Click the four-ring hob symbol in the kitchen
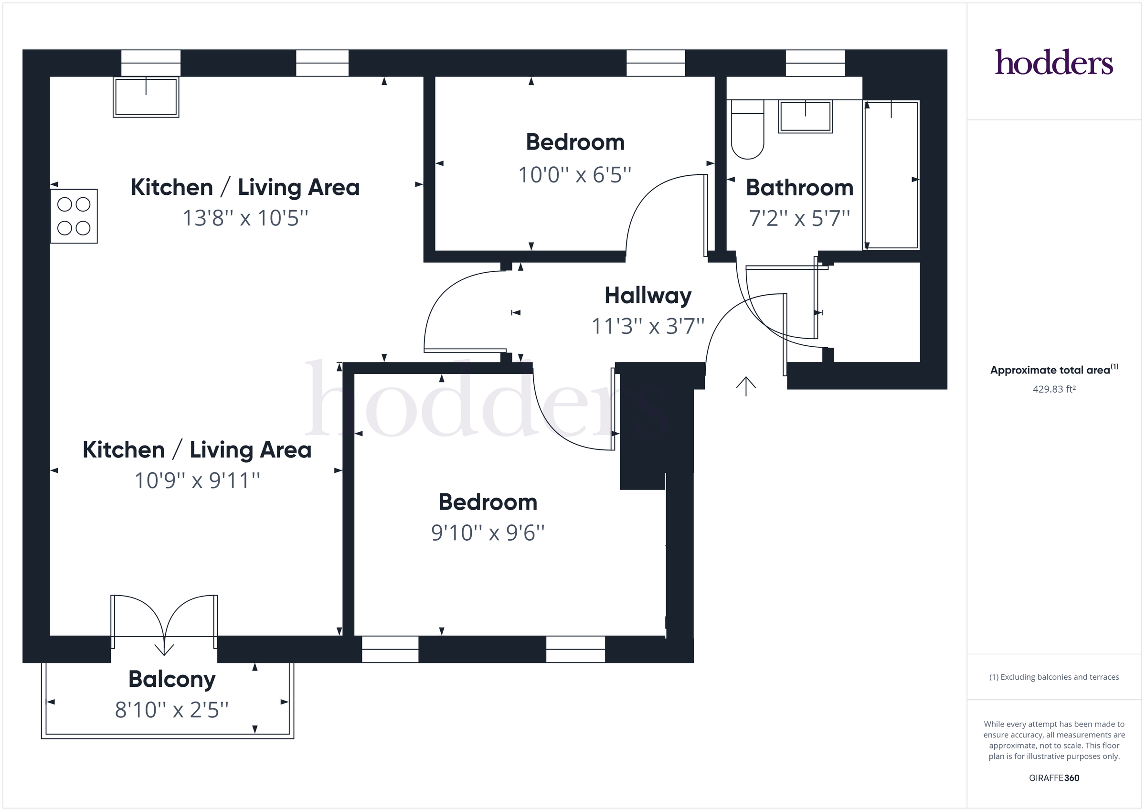point(74,216)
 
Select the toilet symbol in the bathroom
point(747,130)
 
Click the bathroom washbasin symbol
point(805,117)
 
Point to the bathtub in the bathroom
point(891,175)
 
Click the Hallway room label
point(648,295)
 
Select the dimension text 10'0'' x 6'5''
point(574,175)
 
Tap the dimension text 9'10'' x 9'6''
point(488,533)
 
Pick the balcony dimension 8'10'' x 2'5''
point(172,710)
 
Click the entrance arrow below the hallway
point(746,386)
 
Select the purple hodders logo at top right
point(1054,63)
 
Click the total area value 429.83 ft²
point(1054,389)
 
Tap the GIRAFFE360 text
point(1054,778)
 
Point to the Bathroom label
point(799,188)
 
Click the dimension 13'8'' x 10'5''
point(245,218)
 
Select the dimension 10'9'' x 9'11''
point(197,480)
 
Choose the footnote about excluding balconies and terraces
point(1054,677)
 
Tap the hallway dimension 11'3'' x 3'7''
point(648,326)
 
